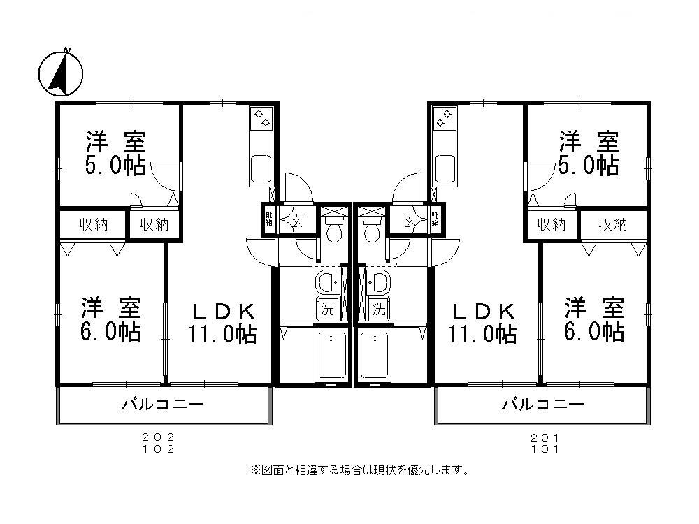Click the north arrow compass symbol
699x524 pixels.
(x=60, y=73)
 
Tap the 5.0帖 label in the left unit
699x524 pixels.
(x=116, y=165)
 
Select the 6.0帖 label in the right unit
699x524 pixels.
(x=595, y=330)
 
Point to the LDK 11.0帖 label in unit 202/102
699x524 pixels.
(x=220, y=323)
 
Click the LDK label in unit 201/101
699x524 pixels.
(x=483, y=310)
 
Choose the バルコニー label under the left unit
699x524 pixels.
(x=163, y=405)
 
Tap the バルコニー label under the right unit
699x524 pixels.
(x=542, y=405)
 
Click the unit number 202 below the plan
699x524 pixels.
(x=158, y=437)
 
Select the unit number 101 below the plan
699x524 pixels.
(x=546, y=449)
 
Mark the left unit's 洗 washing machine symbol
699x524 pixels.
(x=327, y=307)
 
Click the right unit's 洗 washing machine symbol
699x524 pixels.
(x=378, y=307)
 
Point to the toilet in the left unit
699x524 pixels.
(x=333, y=228)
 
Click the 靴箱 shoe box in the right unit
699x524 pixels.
(x=435, y=220)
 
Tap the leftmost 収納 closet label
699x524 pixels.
(x=93, y=224)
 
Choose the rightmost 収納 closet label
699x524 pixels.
(x=613, y=224)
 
